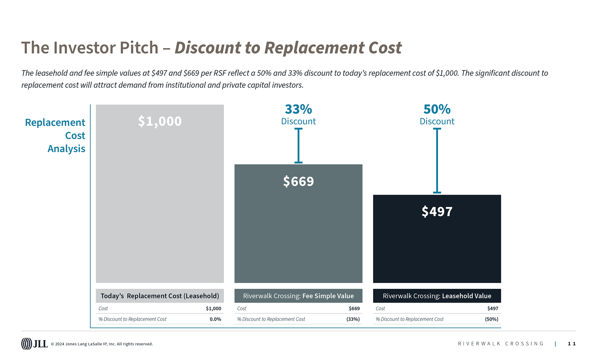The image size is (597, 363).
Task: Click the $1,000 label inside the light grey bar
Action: click(160, 121)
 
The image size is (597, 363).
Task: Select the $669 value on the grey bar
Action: click(298, 181)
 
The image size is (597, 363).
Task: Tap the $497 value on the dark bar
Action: click(437, 211)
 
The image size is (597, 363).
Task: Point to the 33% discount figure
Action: click(298, 109)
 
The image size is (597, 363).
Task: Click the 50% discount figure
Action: click(437, 109)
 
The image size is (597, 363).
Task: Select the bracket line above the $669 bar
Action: click(298, 146)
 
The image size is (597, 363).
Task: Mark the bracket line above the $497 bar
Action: click(437, 161)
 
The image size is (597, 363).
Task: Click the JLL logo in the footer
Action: click(34, 344)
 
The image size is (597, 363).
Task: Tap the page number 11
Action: click(572, 344)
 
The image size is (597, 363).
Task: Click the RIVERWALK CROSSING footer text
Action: click(501, 344)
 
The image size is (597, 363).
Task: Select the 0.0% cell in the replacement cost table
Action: click(215, 319)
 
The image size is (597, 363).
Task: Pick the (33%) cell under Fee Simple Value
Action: click(353, 319)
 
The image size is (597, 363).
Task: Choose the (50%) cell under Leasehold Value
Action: click(491, 319)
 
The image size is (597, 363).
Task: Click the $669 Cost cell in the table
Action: click(354, 308)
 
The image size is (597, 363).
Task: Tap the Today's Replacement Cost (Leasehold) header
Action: click(160, 296)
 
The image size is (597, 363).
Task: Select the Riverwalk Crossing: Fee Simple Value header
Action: click(298, 296)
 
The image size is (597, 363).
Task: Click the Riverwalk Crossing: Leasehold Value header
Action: click(437, 296)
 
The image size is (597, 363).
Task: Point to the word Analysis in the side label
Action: click(66, 149)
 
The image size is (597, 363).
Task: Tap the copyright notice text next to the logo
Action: click(102, 344)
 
